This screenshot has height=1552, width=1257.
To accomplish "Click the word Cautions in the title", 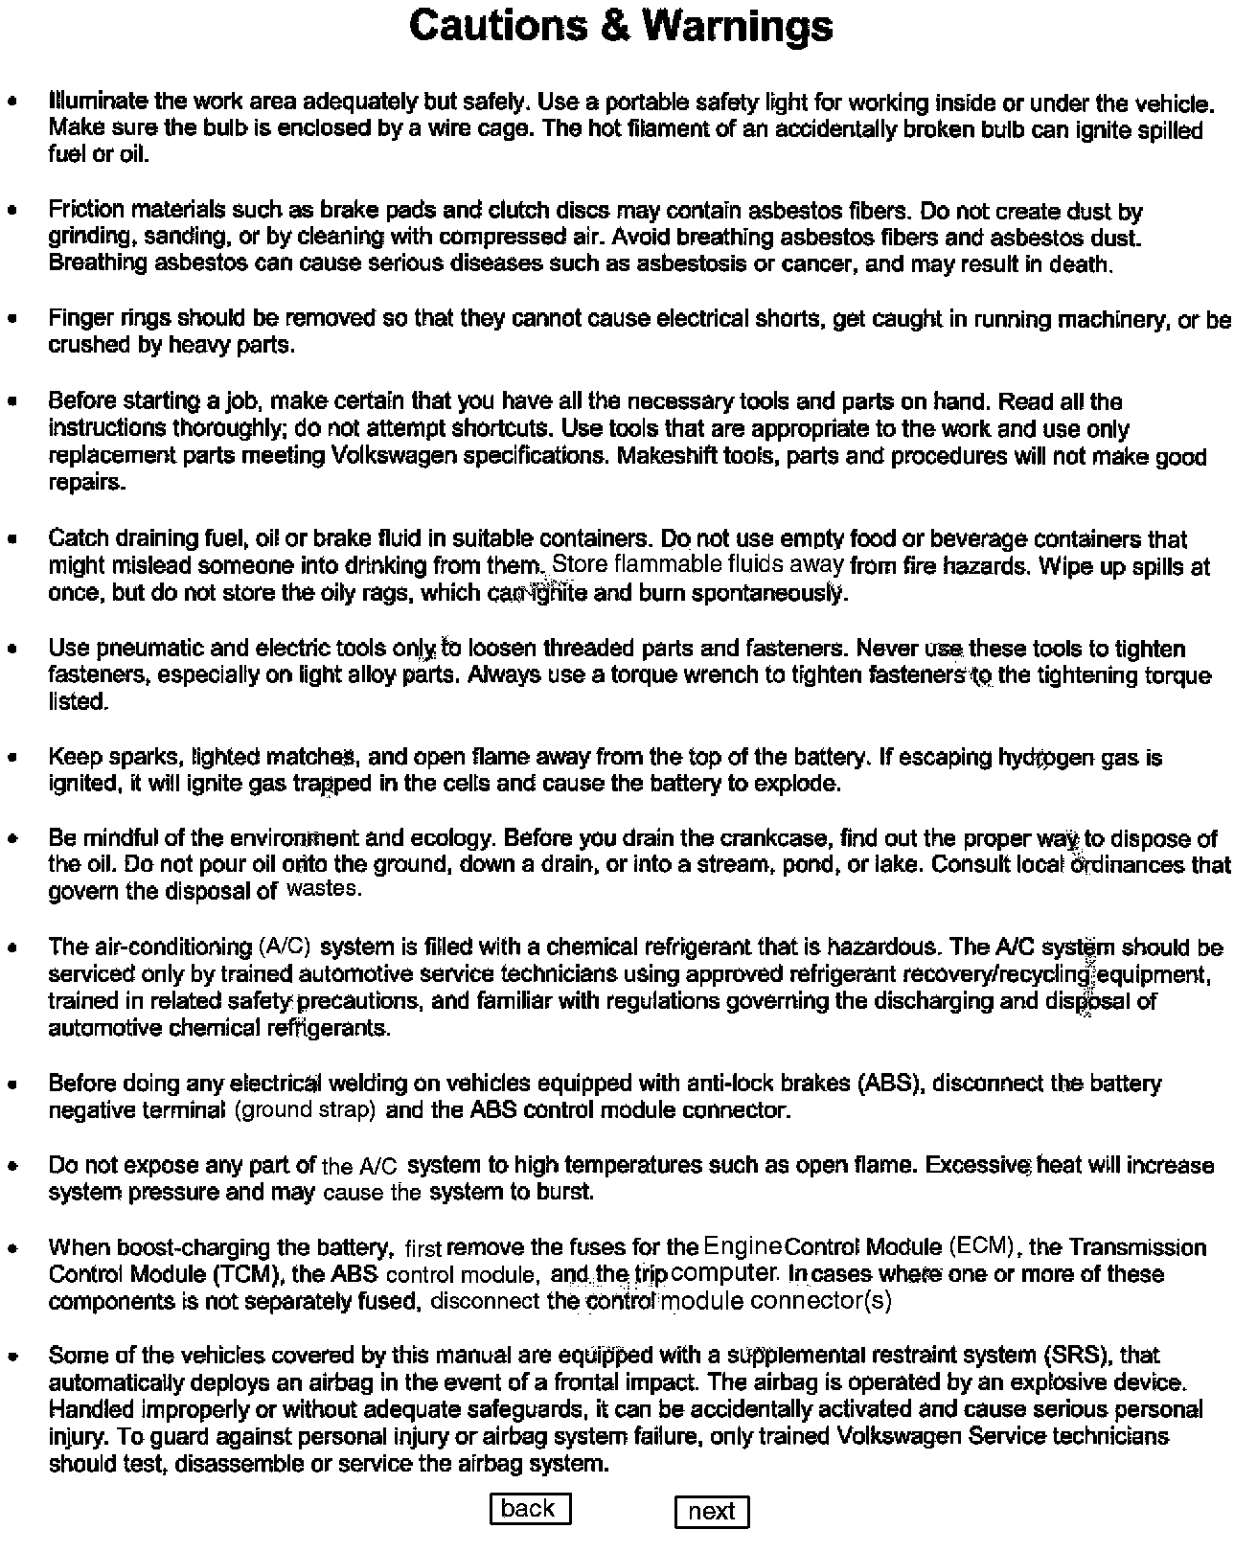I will pyautogui.click(x=498, y=26).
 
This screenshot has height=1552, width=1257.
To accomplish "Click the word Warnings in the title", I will pyautogui.click(x=737, y=26).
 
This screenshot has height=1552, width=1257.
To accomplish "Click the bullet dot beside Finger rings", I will pyautogui.click(x=12, y=319).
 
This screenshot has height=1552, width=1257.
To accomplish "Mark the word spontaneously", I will pyautogui.click(x=773, y=593).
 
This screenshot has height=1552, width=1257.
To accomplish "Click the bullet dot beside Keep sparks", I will pyautogui.click(x=12, y=758).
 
